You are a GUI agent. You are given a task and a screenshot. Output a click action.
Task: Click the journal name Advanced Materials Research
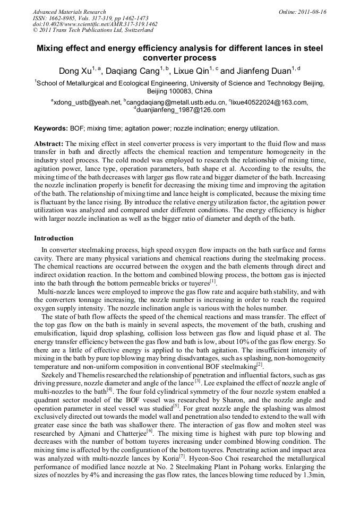[x=69, y=12]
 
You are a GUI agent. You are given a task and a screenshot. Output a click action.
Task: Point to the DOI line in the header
[x=95, y=24]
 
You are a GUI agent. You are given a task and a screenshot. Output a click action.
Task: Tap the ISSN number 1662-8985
[x=64, y=18]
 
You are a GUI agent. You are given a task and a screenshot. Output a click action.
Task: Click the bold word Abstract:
[x=49, y=144]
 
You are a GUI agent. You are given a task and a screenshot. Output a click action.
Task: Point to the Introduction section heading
[x=54, y=238]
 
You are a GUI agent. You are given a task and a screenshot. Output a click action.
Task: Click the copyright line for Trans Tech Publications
[x=87, y=31]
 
